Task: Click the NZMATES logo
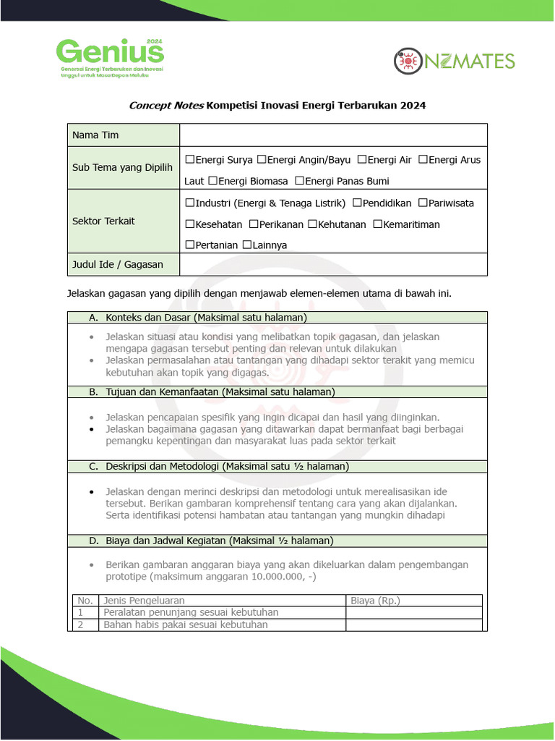point(454,61)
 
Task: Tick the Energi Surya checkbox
point(189,160)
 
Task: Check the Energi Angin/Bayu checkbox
point(262,160)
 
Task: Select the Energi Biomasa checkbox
point(212,181)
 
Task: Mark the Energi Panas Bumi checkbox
point(299,181)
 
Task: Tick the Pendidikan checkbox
point(357,203)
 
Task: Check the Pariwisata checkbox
point(423,203)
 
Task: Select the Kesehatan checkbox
point(189,224)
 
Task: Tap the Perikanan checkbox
point(254,224)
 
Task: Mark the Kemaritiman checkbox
point(377,224)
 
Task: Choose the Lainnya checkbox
point(247,245)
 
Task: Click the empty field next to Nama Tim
point(333,135)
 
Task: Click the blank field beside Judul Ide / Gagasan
point(333,265)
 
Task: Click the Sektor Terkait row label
point(103,221)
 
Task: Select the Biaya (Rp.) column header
point(375,601)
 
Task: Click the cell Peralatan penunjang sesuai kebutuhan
point(191,612)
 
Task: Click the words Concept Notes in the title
point(166,106)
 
